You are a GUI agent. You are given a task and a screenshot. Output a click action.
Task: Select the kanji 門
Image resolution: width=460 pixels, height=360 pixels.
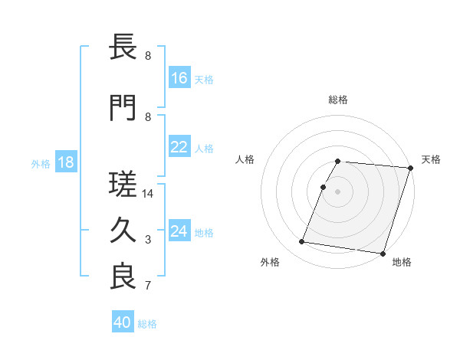[123, 109]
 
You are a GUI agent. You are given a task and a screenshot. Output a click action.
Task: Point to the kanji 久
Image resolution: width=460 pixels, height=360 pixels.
[123, 231]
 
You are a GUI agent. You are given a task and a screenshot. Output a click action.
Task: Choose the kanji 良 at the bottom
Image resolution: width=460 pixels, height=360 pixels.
[123, 277]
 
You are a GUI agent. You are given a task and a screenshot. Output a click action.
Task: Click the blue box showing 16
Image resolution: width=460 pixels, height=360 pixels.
[179, 78]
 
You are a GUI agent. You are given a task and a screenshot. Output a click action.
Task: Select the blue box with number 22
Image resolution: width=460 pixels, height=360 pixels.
[179, 147]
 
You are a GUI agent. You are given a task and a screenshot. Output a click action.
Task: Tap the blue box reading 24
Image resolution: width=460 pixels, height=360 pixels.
[179, 231]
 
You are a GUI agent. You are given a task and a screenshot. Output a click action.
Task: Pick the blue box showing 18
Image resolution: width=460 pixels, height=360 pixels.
[65, 162]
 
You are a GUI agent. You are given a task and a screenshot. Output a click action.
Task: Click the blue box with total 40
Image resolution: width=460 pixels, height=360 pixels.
[123, 322]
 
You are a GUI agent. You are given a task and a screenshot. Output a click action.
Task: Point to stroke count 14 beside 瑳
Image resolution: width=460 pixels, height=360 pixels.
[148, 194]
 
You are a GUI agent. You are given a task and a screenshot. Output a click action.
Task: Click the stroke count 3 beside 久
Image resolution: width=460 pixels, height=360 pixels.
[148, 240]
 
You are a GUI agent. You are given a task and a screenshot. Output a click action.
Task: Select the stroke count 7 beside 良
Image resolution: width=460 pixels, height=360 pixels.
[148, 286]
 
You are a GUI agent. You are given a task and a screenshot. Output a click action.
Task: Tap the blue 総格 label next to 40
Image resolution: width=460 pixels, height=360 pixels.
[147, 323]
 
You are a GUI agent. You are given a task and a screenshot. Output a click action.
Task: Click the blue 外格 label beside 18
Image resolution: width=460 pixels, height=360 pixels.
[41, 163]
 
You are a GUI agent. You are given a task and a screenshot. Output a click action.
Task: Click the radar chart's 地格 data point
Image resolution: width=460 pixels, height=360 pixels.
[383, 253]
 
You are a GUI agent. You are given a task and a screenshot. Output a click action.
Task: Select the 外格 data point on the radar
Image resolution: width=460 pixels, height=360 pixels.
[302, 242]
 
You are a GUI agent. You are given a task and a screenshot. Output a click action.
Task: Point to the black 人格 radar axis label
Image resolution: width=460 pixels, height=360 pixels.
[245, 159]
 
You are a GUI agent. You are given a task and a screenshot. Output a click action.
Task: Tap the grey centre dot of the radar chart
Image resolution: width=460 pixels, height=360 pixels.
[337, 191]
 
